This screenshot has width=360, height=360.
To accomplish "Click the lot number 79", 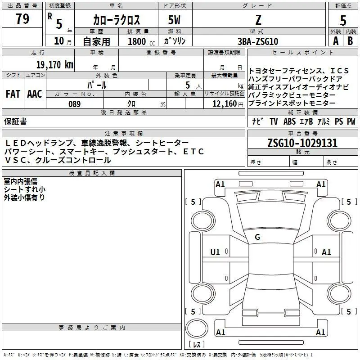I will [22, 19].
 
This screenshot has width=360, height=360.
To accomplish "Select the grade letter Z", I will [258, 20].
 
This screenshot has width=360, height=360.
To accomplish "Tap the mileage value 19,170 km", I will [54, 64].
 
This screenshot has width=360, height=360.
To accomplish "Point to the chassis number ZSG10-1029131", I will [302, 143].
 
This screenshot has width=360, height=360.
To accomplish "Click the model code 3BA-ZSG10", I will [258, 41].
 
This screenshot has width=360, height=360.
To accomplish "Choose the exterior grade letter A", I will [336, 41].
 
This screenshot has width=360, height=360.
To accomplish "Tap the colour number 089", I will [74, 104].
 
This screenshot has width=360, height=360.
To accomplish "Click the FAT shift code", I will [13, 94].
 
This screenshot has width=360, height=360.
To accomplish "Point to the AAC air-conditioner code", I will [35, 94].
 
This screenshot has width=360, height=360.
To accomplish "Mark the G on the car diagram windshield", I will [257, 237].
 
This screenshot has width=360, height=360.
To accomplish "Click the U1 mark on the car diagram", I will [216, 252].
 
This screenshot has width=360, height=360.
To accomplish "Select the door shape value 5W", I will [175, 20].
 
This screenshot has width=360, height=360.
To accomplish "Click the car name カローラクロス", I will [117, 20].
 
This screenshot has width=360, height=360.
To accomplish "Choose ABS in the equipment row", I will [289, 121].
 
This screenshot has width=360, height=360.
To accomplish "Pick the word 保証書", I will [15, 121].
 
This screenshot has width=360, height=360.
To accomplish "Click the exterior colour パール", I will [97, 85].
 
